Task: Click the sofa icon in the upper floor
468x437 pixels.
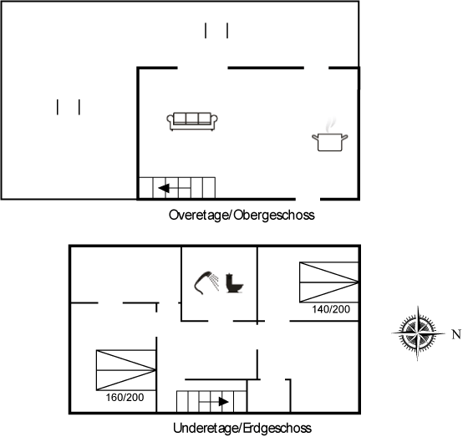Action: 192,121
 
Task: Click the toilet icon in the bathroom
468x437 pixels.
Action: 234,282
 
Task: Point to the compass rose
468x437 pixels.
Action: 418,333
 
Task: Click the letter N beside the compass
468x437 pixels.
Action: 456,334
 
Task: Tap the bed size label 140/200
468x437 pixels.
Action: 331,309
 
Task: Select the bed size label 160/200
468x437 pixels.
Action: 125,397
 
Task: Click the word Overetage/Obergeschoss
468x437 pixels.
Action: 242,215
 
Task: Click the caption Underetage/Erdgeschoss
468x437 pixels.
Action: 242,428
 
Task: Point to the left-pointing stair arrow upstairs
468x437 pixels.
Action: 174,188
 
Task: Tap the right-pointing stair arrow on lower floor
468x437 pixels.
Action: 214,402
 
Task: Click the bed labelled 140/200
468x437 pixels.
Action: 329,282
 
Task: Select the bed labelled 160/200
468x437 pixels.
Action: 126,370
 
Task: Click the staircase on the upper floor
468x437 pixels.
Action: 177,188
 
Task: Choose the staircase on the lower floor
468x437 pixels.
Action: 211,401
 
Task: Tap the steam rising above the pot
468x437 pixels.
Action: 330,124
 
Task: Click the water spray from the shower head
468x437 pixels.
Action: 214,282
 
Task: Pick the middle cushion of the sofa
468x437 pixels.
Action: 192,119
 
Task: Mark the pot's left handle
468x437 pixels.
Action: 315,137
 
